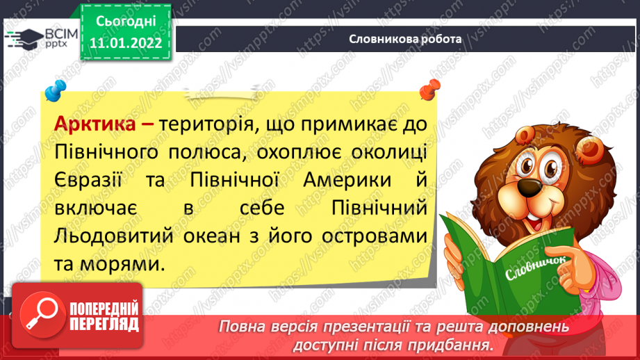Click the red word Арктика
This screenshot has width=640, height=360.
(95, 124)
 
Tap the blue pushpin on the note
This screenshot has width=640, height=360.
(55, 90)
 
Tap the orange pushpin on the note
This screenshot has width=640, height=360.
(430, 90)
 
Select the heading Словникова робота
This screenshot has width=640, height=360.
(405, 39)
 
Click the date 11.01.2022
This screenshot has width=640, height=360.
(126, 43)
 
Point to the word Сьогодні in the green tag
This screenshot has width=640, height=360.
(126, 22)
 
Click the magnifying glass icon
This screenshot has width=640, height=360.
(42, 315)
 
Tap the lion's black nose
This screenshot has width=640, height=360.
(530, 187)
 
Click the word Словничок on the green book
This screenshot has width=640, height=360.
(536, 268)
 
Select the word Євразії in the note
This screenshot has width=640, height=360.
(88, 180)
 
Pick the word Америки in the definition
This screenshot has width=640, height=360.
(347, 180)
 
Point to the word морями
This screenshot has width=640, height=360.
(122, 265)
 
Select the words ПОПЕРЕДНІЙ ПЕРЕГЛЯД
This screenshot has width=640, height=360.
(104, 316)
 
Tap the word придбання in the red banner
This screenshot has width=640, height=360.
(449, 345)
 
